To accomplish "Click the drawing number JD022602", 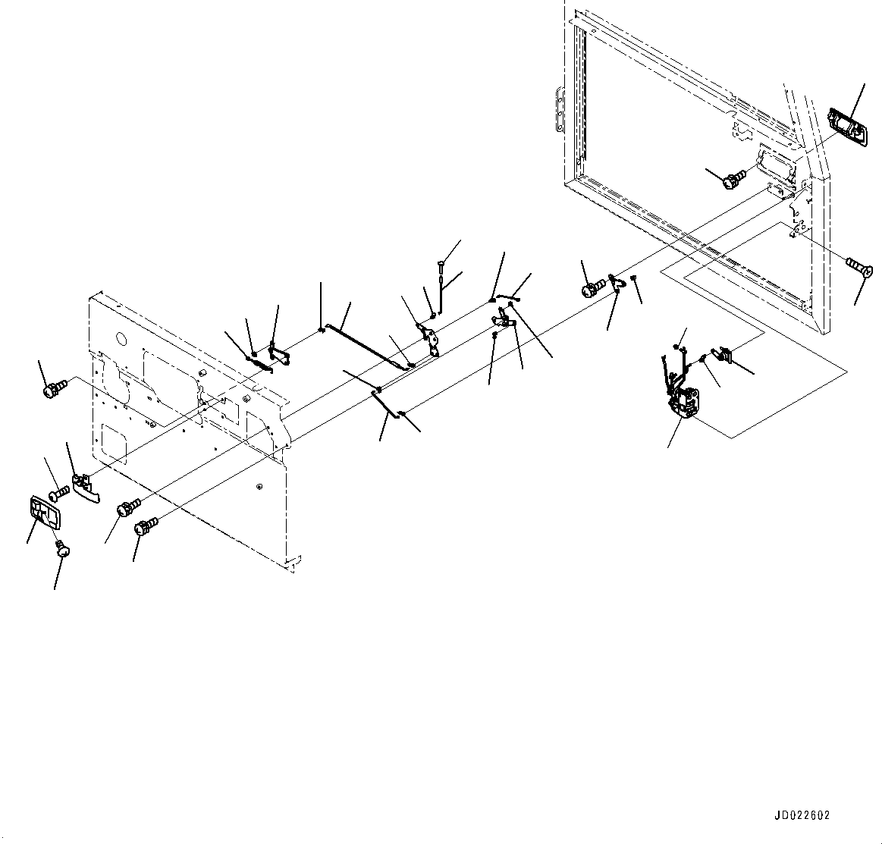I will point(802,815).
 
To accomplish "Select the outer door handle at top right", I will point(843,124).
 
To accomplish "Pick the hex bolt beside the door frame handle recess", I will point(733,180).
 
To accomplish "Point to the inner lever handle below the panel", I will point(86,488).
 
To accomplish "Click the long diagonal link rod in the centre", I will point(366,347).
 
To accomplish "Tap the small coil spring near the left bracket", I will point(262,363).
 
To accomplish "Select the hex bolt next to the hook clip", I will point(593,289).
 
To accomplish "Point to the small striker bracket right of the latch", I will point(724,354).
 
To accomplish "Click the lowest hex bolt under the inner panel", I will point(146,526).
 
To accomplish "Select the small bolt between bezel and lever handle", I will point(60,491).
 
